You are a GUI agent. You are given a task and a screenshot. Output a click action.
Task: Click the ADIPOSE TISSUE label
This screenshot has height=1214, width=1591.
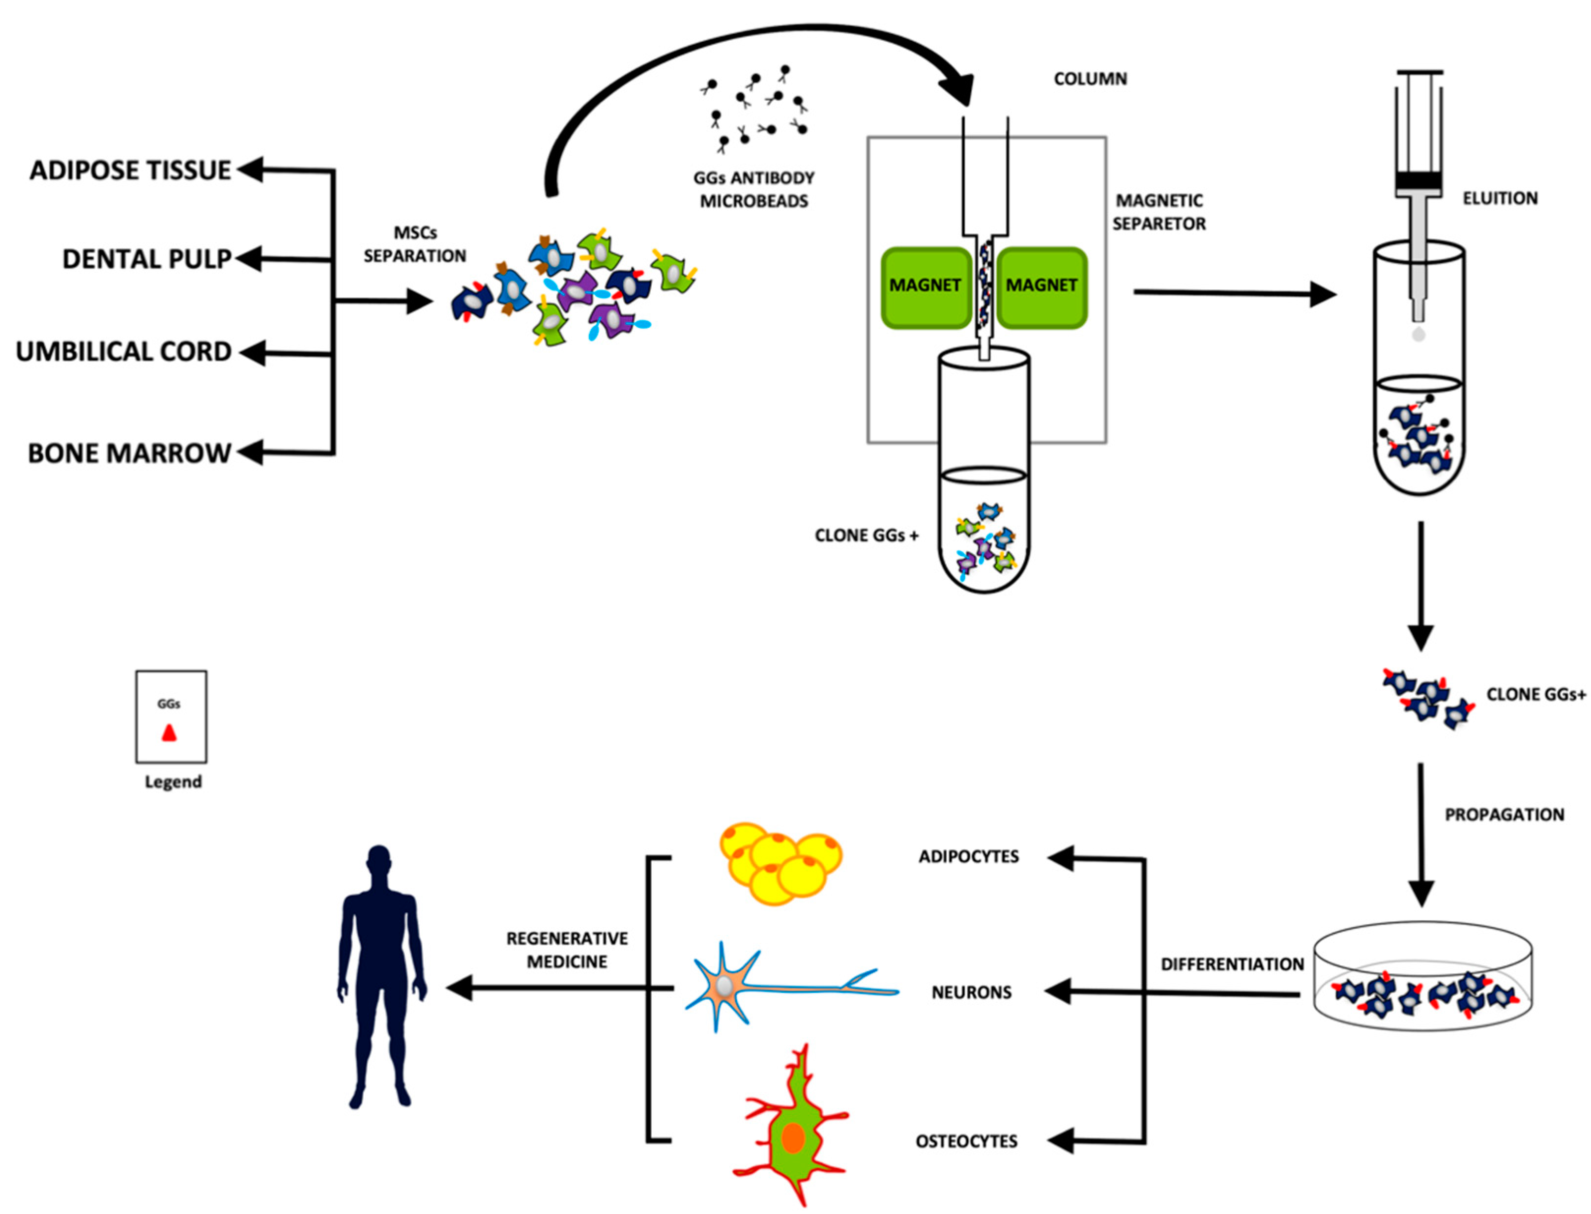(x=130, y=170)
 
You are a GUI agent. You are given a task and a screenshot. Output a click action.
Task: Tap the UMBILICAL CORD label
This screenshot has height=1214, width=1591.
(x=123, y=351)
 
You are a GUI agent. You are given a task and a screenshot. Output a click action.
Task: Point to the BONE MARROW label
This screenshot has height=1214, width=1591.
(x=129, y=453)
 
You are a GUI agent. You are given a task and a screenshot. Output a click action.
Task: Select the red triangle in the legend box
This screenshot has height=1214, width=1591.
(x=169, y=734)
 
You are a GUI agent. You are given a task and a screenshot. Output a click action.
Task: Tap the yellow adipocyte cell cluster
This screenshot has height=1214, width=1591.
(x=779, y=863)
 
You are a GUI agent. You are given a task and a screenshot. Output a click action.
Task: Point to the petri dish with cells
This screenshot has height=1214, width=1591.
(x=1422, y=976)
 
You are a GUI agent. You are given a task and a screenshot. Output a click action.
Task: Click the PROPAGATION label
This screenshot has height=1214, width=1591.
(x=1504, y=815)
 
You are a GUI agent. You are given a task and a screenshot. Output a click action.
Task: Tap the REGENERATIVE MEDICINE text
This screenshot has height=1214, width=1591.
(x=567, y=950)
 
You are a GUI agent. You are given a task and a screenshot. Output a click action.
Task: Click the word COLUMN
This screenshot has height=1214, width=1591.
(x=1089, y=79)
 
